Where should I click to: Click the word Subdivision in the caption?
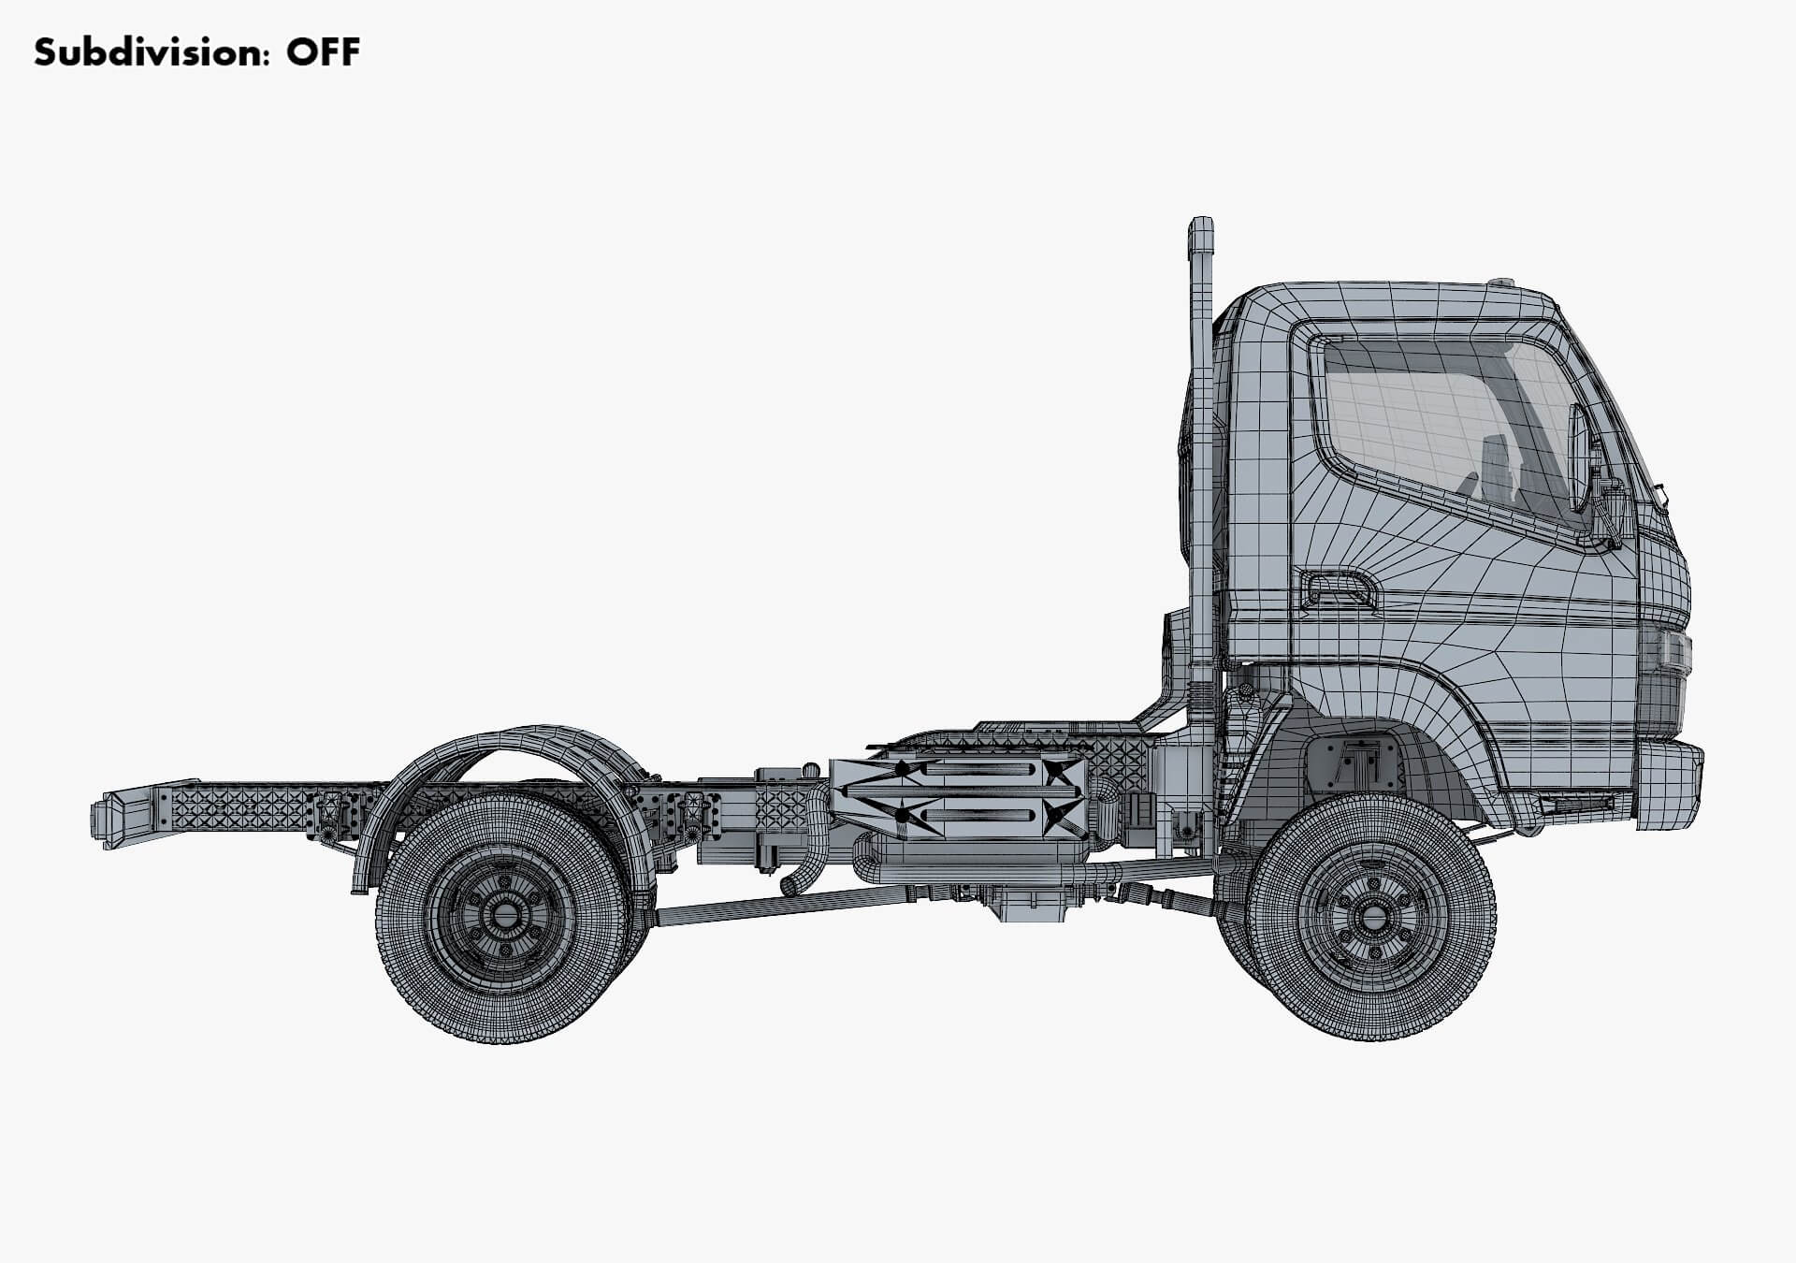[x=138, y=52]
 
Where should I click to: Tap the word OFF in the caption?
[x=323, y=52]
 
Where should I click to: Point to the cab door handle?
[x=1339, y=589]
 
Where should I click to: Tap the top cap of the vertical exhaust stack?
[x=1200, y=230]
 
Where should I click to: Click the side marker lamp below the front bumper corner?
[x=1576, y=804]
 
